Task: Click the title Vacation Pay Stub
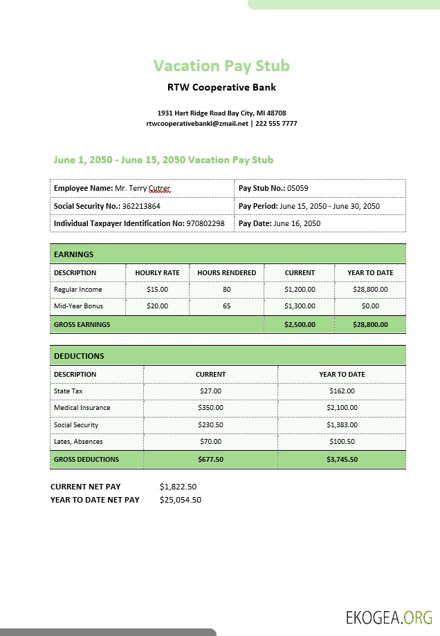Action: coord(221,66)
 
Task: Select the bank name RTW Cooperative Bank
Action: coord(221,88)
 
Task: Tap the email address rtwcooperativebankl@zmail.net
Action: coord(197,124)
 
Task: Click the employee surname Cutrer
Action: coord(159,188)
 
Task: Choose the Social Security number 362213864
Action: coord(141,206)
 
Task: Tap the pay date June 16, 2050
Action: coord(297,223)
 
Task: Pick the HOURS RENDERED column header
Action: coord(226,273)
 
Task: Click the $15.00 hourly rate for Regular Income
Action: coord(157,290)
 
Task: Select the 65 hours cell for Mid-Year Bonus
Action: coord(226,306)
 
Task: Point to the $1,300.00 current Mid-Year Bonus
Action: coord(300,306)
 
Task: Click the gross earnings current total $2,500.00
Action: coord(300,324)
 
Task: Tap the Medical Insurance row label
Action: coord(82,408)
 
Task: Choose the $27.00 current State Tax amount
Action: coord(210,391)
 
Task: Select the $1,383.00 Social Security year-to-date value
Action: coord(342,425)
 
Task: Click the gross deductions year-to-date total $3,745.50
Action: coord(342,459)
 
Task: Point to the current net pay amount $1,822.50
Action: coord(178,487)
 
